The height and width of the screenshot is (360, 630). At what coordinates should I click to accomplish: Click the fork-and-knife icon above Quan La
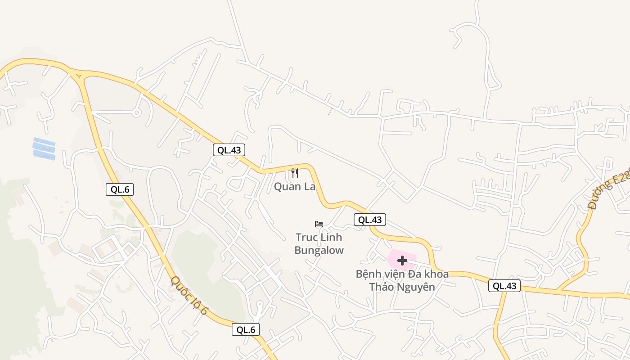pyautogui.click(x=295, y=173)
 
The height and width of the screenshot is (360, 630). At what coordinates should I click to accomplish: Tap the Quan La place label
pyautogui.click(x=295, y=186)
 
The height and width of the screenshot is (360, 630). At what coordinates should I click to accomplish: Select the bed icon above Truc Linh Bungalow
pyautogui.click(x=319, y=224)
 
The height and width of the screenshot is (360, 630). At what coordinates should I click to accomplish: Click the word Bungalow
pyautogui.click(x=319, y=250)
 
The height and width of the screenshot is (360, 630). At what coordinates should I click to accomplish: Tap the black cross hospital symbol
pyautogui.click(x=402, y=260)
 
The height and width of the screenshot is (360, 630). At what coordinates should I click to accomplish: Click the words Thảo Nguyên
pyautogui.click(x=402, y=287)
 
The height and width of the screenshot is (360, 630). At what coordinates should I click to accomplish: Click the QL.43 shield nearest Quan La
pyautogui.click(x=229, y=150)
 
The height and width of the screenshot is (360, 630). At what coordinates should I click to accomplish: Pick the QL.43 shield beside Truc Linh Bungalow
pyautogui.click(x=370, y=220)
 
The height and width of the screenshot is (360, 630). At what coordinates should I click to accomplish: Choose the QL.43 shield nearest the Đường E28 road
pyautogui.click(x=504, y=286)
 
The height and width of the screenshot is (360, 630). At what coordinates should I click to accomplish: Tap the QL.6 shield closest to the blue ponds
pyautogui.click(x=120, y=189)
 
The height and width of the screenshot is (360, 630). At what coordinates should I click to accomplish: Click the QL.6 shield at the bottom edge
pyautogui.click(x=246, y=329)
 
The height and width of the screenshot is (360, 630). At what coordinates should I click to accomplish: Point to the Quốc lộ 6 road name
pyautogui.click(x=189, y=295)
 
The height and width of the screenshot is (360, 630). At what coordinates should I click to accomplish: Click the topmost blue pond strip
pyautogui.click(x=44, y=141)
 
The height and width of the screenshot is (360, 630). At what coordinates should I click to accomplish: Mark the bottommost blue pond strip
pyautogui.click(x=44, y=155)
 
